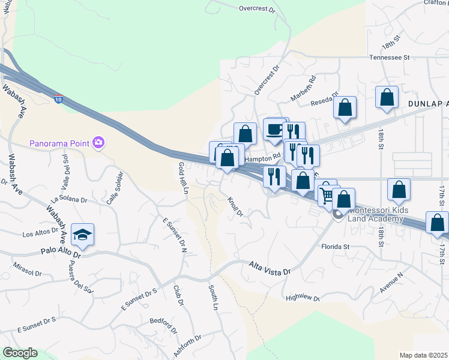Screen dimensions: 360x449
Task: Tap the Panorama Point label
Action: pos(60,143)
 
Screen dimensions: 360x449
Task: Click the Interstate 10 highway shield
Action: pos(58,98)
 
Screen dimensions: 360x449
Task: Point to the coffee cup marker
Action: pos(274,129)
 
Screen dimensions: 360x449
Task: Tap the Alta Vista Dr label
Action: pos(270,268)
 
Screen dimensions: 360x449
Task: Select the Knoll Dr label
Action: pos(235,205)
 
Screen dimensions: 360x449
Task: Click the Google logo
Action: pos(20,353)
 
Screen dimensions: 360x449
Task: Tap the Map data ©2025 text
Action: pos(423,355)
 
